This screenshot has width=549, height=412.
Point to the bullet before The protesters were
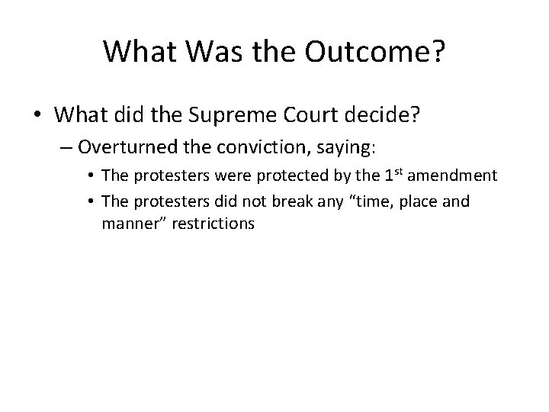91,175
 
